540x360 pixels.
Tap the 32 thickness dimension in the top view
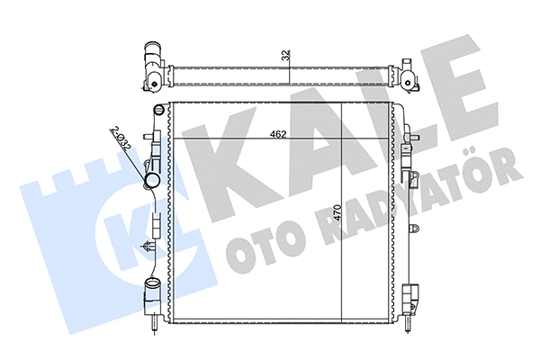tap(284, 55)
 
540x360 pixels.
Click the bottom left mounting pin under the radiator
tap(162, 323)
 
